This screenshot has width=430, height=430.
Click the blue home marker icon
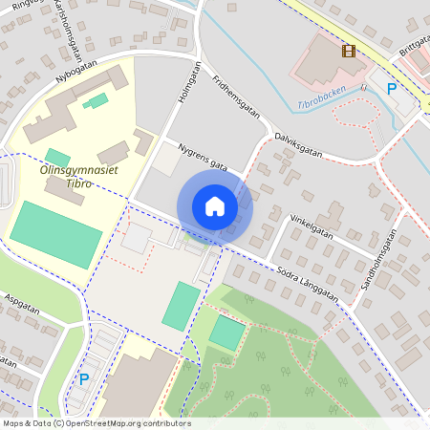click(x=215, y=205)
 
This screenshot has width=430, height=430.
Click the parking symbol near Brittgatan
click(x=391, y=89)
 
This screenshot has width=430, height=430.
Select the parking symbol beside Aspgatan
click(x=84, y=379)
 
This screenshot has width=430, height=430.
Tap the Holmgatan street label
click(x=187, y=83)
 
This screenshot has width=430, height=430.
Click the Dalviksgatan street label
click(x=298, y=144)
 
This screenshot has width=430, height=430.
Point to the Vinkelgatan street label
click(x=312, y=226)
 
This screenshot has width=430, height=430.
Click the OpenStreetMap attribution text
click(x=96, y=423)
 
